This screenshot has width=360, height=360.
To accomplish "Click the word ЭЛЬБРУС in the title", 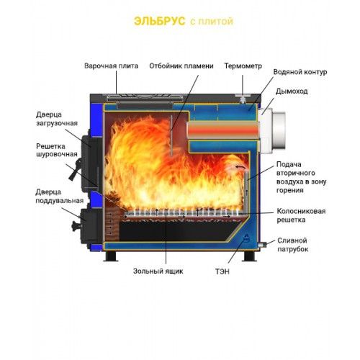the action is click(160, 21).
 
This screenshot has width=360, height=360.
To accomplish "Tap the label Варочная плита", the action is click(111, 66).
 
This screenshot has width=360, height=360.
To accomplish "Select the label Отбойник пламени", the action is click(181, 66).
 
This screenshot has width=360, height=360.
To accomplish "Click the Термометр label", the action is click(243, 66).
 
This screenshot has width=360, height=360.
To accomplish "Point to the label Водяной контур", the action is click(300, 72).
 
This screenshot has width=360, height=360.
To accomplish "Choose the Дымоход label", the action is click(292, 91).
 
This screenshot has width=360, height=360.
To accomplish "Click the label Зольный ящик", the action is click(158, 271).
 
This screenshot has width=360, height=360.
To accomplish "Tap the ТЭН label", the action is click(222, 271).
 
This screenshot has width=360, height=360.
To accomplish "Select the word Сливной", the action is click(292, 240).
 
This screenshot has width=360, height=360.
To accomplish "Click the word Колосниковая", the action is click(301, 211).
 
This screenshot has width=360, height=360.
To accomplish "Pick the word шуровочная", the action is click(57, 154).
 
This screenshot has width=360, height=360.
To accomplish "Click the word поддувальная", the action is click(60, 201).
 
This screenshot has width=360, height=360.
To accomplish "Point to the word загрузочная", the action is click(57, 123).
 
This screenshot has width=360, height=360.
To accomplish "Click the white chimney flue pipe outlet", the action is click(274, 132).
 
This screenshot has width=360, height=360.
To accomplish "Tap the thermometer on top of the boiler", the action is click(243, 98).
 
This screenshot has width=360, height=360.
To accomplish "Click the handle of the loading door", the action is click(74, 170).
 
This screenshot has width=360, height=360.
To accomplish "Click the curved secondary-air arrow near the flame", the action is click(240, 167).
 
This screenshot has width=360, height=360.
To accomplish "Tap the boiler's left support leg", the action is click(110, 256).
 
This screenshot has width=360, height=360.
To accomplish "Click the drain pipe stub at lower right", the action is click(261, 245).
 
